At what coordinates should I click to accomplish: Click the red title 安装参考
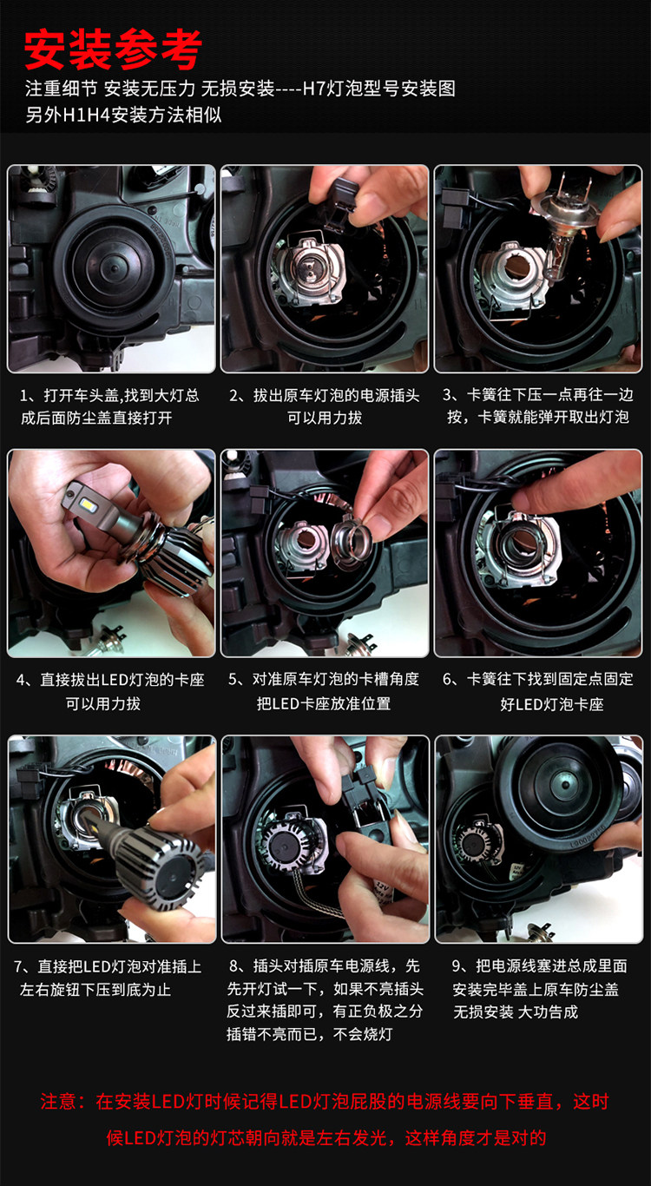click(x=113, y=49)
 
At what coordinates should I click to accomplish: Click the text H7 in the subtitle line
click(x=314, y=89)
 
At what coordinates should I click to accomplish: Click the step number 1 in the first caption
click(x=23, y=396)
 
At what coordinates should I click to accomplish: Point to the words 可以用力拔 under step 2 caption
click(x=325, y=418)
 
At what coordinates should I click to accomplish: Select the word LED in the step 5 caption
click(x=286, y=703)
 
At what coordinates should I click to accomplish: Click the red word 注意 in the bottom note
click(x=57, y=1102)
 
